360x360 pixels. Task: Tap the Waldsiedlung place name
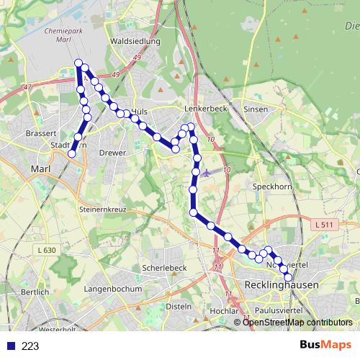(134, 42)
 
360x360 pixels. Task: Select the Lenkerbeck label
(205, 109)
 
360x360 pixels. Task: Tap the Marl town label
(40, 169)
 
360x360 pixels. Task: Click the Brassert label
(40, 133)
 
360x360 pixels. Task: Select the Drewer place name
(112, 153)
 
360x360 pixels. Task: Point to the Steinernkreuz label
(102, 209)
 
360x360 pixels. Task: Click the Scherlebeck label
(165, 267)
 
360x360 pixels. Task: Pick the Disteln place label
(178, 306)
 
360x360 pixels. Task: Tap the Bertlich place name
(35, 292)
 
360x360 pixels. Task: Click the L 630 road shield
(45, 250)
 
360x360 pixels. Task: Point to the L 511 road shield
(325, 225)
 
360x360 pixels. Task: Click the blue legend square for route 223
(11, 346)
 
